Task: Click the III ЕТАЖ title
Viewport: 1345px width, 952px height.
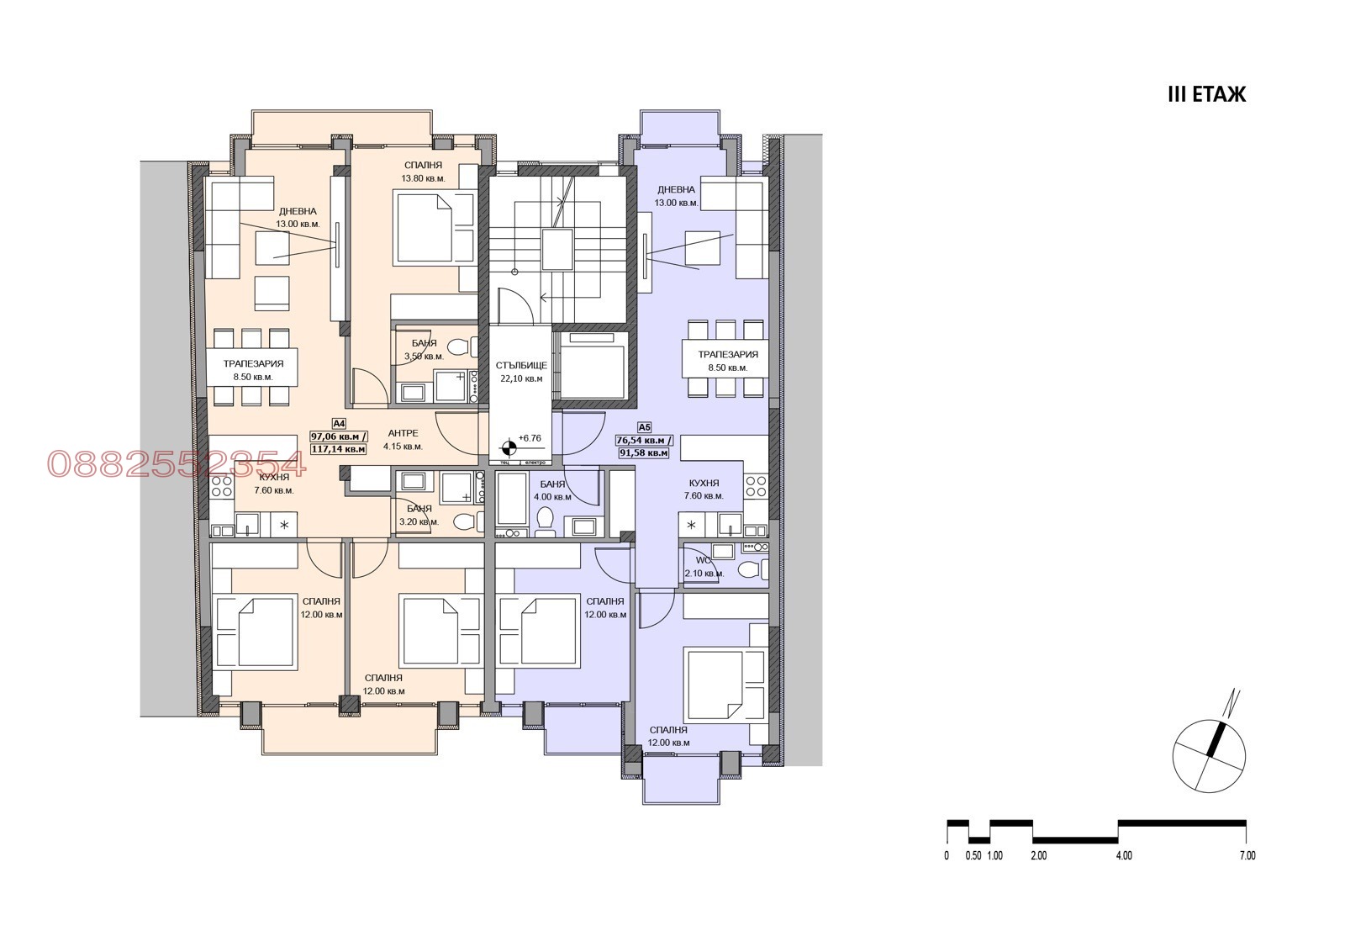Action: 1206,94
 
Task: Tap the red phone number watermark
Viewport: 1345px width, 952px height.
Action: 176,463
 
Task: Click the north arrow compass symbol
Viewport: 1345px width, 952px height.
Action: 1209,746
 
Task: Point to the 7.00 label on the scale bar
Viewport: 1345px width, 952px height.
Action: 1247,856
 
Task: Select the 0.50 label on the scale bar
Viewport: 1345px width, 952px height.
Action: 973,856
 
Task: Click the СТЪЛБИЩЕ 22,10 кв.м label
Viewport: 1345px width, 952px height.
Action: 521,372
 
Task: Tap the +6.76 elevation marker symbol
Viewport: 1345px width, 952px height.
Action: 509,447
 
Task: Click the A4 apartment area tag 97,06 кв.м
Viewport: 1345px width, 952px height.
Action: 339,436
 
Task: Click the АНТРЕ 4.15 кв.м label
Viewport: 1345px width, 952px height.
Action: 403,440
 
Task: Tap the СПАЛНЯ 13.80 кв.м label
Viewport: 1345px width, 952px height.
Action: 423,172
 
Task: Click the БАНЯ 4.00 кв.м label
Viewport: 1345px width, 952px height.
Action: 551,490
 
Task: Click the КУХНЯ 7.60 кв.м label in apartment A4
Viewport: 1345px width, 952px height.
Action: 274,484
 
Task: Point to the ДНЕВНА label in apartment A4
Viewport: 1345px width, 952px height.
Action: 298,218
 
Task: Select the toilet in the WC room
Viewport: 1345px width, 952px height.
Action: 748,570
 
